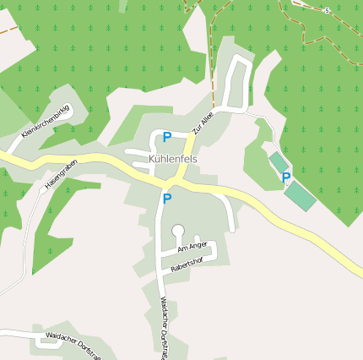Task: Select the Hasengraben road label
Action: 60,174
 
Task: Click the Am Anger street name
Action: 192,247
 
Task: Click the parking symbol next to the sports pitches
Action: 286,177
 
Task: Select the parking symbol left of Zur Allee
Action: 166,136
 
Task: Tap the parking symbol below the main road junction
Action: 166,199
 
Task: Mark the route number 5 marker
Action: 326,10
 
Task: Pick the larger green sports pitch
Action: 300,196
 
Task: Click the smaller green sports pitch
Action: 278,161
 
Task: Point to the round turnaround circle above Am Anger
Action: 177,229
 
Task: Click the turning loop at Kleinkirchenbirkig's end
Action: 67,111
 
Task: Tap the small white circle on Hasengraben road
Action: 42,190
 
